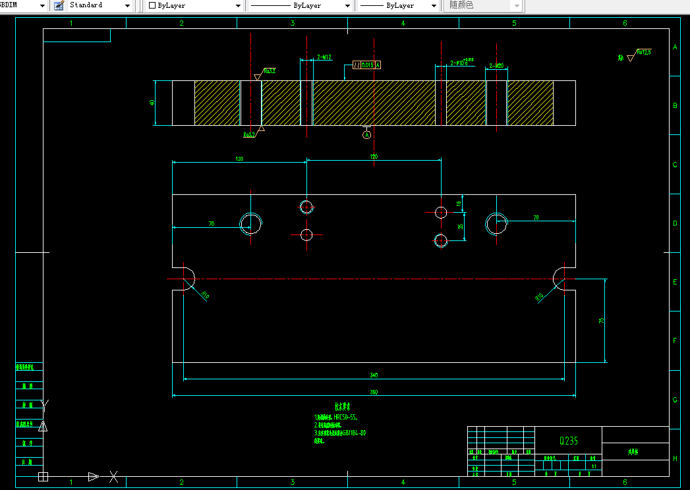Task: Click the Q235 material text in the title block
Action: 568,441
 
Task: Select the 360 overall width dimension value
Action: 374,393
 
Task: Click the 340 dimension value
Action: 374,375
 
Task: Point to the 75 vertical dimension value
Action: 600,320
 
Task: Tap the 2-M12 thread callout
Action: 324,57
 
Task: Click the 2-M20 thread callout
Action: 497,66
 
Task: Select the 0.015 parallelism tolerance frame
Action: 367,65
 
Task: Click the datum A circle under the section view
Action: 367,134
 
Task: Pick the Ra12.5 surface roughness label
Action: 643,52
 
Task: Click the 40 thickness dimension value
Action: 152,103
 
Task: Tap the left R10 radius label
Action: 206,296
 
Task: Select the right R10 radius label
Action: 539,297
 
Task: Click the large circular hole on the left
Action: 251,223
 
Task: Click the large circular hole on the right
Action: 496,223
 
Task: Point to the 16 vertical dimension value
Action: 459,204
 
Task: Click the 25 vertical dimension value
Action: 460,226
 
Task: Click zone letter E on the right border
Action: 675,282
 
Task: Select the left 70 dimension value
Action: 212,224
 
